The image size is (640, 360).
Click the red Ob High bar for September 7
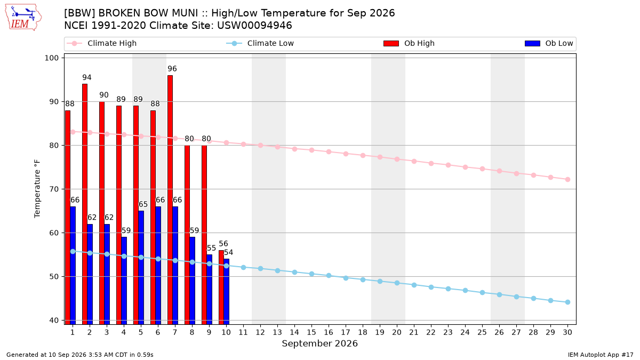point(170,199)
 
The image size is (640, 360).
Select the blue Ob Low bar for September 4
point(124,281)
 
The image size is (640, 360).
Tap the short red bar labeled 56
point(221,287)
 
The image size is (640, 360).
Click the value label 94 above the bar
point(87,77)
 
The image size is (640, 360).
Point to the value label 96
point(172,69)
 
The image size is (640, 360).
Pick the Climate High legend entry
point(101,43)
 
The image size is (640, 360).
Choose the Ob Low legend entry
point(549,43)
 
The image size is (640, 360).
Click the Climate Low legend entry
point(260,43)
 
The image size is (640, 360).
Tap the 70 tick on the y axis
point(54,189)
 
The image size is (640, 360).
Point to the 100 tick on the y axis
point(51,58)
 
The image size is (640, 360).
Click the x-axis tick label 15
point(311,332)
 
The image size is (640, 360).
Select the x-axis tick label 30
point(567,332)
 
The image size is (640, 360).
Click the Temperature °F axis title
point(37,189)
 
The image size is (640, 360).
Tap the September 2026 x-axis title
point(319,343)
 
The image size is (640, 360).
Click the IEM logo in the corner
point(23,18)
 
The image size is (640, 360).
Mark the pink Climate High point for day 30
point(567,179)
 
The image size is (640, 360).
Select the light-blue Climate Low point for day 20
point(397,283)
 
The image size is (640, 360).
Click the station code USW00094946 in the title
point(254,26)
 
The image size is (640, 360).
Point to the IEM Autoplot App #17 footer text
point(601,355)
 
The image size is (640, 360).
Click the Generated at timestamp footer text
point(79,355)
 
